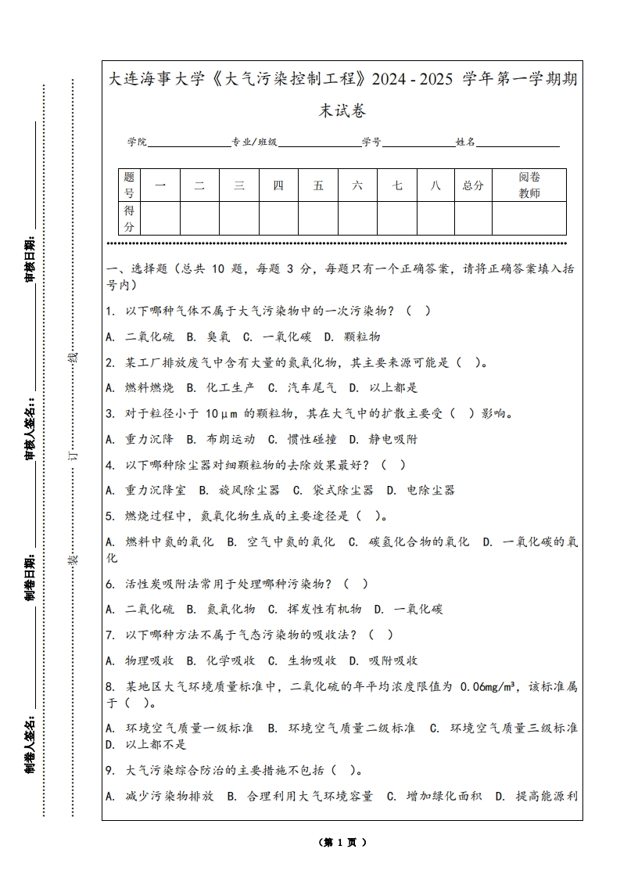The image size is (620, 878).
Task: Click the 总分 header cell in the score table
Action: (x=473, y=185)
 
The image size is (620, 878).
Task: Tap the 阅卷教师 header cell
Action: (x=529, y=185)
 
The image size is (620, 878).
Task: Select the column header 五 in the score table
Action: (x=318, y=185)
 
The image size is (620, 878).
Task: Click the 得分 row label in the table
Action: (x=129, y=218)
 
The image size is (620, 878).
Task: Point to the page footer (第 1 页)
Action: (x=342, y=842)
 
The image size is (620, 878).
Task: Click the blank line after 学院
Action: (x=188, y=142)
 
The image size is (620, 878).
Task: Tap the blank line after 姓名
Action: (x=518, y=142)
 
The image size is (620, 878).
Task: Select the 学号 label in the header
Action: (x=371, y=142)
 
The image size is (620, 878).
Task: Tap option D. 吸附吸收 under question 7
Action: (x=384, y=660)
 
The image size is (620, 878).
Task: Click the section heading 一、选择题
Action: (x=137, y=269)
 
